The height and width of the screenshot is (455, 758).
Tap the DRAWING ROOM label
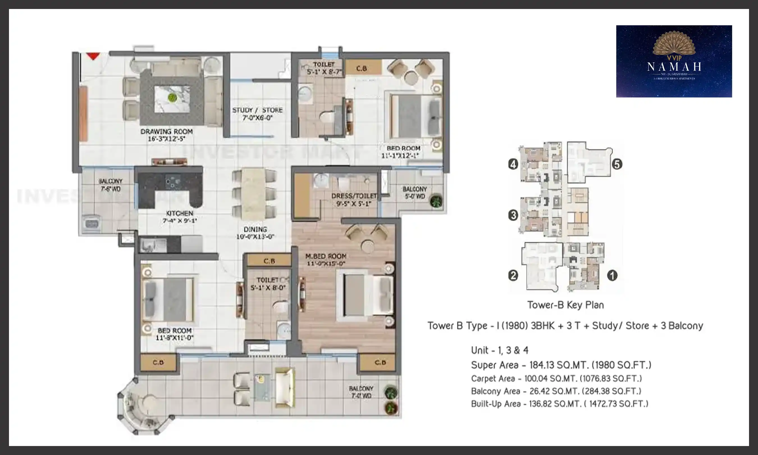167,131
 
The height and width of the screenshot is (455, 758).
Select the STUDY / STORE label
257,110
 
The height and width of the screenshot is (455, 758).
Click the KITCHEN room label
180,213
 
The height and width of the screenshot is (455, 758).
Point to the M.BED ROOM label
326,256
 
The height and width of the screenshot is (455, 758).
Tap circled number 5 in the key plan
617,164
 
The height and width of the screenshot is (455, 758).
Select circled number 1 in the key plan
612,275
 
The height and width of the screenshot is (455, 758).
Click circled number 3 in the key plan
513,215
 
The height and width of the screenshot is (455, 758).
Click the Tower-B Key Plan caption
566,305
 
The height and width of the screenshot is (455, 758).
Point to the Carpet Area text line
556,379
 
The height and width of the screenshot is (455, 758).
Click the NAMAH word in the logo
674,67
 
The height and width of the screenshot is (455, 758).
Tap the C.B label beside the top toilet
362,68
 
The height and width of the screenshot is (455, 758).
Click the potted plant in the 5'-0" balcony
436,201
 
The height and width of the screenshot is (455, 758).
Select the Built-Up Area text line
560,404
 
